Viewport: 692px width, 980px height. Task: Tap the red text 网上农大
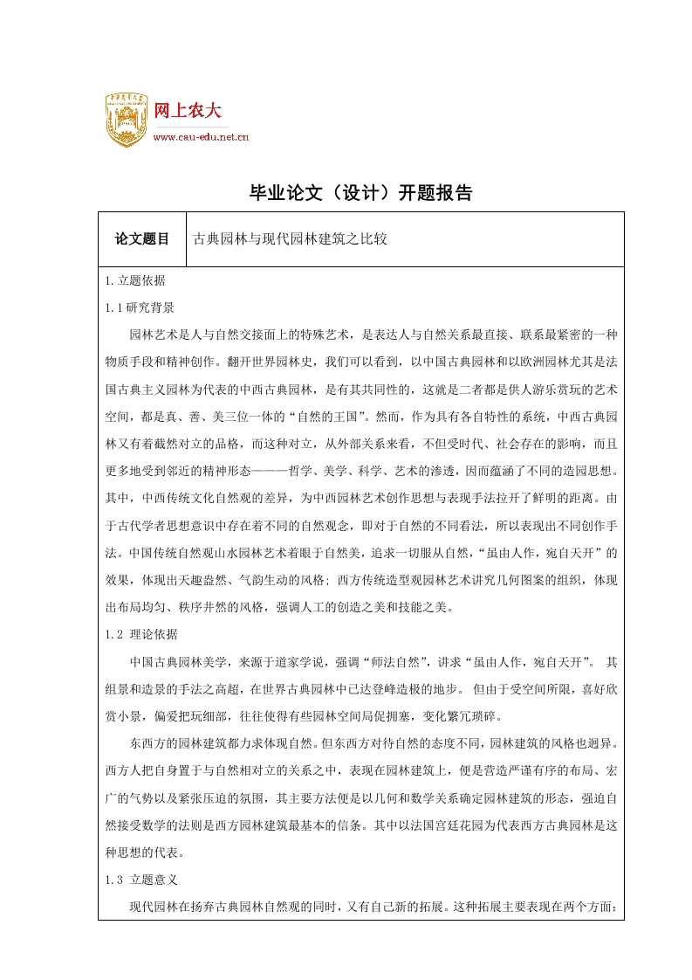coord(188,111)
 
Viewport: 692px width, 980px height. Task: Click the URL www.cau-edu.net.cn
coord(202,136)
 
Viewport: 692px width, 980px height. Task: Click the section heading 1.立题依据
coord(135,281)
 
